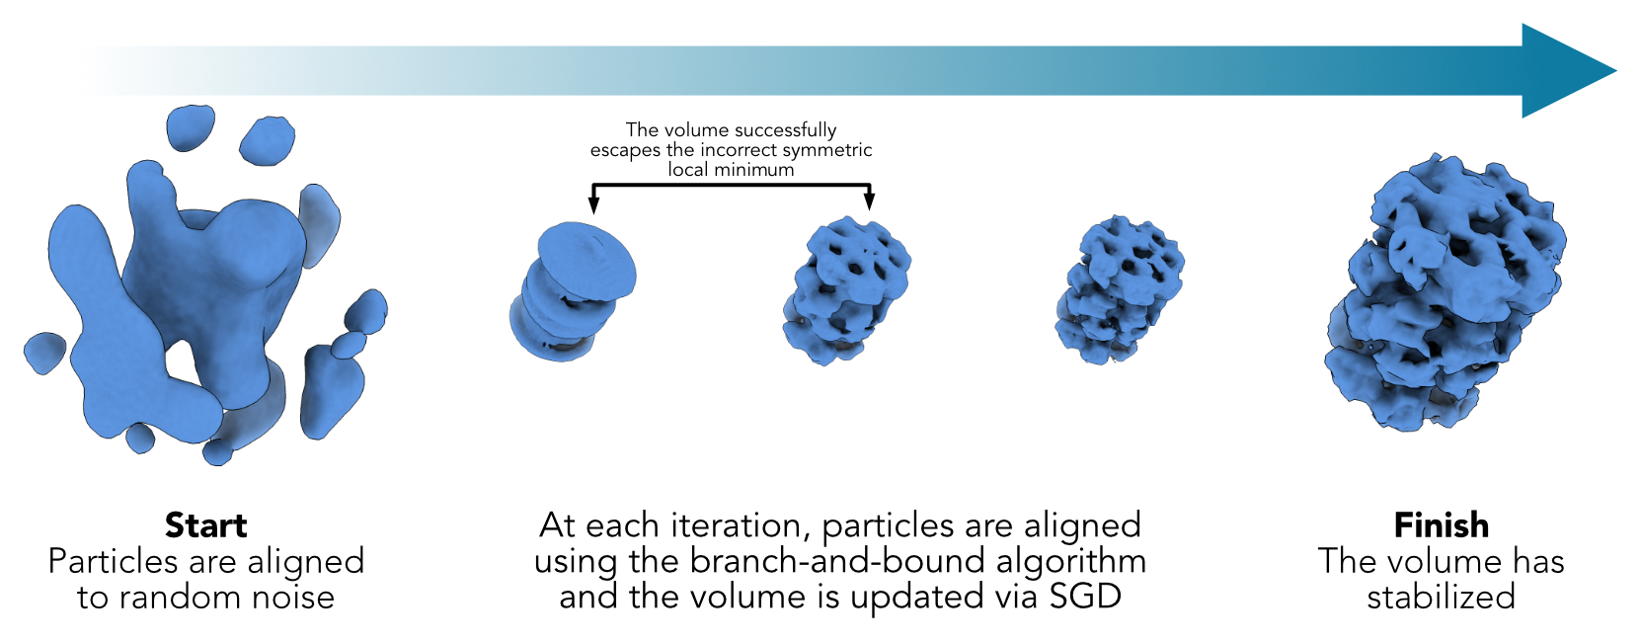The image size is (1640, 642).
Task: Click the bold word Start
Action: (x=205, y=525)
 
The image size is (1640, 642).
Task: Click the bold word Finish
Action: (x=1441, y=525)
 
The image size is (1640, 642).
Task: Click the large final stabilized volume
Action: (x=1445, y=292)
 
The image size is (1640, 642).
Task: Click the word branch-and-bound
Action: (x=831, y=561)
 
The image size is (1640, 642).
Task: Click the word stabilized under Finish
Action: (x=1441, y=597)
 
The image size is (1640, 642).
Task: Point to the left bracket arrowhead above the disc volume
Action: (x=593, y=202)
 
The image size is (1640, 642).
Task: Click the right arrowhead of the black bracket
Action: (x=869, y=201)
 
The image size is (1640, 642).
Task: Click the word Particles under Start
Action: (x=113, y=561)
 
